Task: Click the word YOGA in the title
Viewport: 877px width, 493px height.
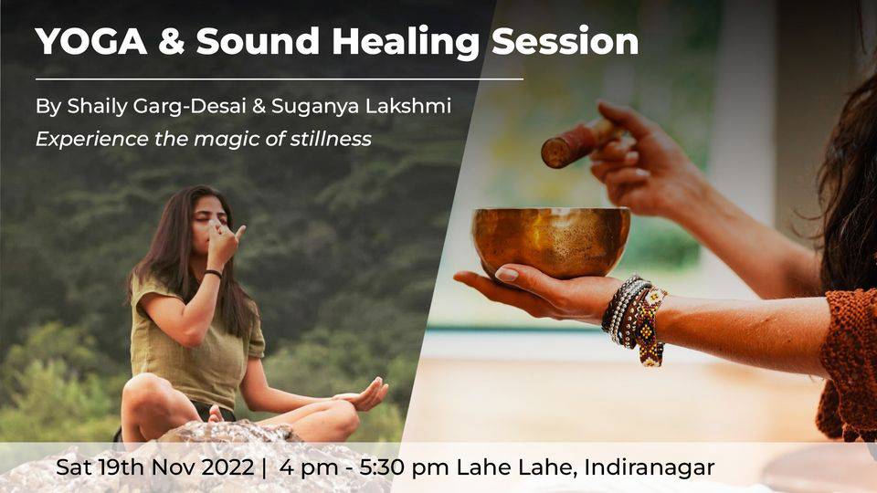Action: (x=91, y=41)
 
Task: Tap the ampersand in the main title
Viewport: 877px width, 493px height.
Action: (x=171, y=41)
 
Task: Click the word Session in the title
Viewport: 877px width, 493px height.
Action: (x=565, y=41)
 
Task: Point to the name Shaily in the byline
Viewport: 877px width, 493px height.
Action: (x=98, y=106)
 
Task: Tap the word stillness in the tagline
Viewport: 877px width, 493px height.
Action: (x=331, y=139)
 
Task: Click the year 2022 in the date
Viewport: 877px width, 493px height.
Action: (x=227, y=467)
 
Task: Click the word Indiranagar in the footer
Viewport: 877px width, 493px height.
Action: (x=650, y=467)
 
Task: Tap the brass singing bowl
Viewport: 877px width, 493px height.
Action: (x=552, y=241)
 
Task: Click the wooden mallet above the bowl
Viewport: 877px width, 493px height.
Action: (x=580, y=142)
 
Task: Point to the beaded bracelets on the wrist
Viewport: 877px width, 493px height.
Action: (x=634, y=319)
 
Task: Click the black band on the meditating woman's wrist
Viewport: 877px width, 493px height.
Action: (x=213, y=273)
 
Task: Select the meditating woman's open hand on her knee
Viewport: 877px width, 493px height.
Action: (x=363, y=395)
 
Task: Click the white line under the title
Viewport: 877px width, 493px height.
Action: (x=280, y=79)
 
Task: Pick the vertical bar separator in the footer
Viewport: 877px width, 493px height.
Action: (x=264, y=467)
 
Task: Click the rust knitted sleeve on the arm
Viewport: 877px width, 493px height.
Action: (x=848, y=363)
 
